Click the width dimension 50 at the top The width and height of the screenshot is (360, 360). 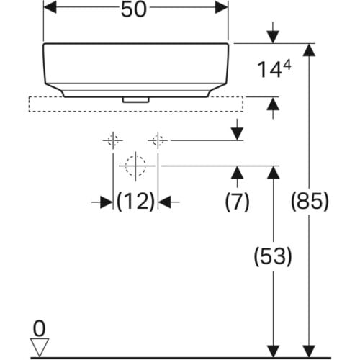coord(134,9)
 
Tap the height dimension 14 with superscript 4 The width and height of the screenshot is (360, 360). coord(274,69)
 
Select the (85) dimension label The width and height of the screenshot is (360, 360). coord(310,201)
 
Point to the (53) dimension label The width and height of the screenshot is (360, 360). coord(273,256)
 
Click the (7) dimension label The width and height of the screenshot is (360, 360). coord(237,202)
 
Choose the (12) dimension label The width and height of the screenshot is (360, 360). coord(135,201)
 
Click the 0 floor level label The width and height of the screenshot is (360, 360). coord(39,328)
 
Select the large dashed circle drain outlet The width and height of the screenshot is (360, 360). coord(135,166)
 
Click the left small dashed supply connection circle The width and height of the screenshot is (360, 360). coord(113,140)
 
